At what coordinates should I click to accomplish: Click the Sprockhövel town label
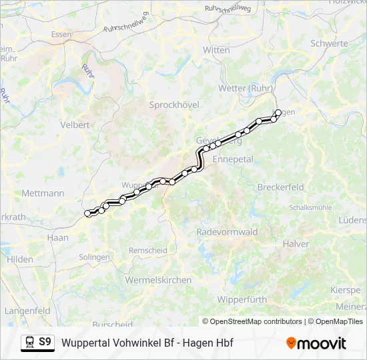point(174,105)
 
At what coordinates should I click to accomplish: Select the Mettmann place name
point(43,193)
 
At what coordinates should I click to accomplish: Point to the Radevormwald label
point(227,232)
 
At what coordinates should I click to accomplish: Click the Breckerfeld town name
point(280,187)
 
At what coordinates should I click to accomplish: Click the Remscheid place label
point(148,250)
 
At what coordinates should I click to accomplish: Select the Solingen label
point(94,257)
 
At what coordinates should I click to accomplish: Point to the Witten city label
point(216,50)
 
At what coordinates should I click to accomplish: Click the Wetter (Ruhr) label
point(244,88)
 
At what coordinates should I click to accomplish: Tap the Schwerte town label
point(329,43)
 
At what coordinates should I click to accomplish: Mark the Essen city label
point(61,35)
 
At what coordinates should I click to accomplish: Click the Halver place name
point(296,244)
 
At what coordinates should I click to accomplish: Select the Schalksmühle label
point(310,207)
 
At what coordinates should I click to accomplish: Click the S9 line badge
point(45,342)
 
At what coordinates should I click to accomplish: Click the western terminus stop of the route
point(87,213)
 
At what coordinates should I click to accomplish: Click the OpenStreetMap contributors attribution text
point(252,321)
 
